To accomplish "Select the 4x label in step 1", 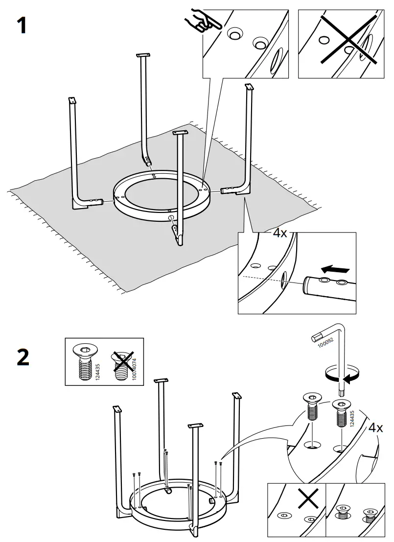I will [279, 233].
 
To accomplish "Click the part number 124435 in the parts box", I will [98, 372].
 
